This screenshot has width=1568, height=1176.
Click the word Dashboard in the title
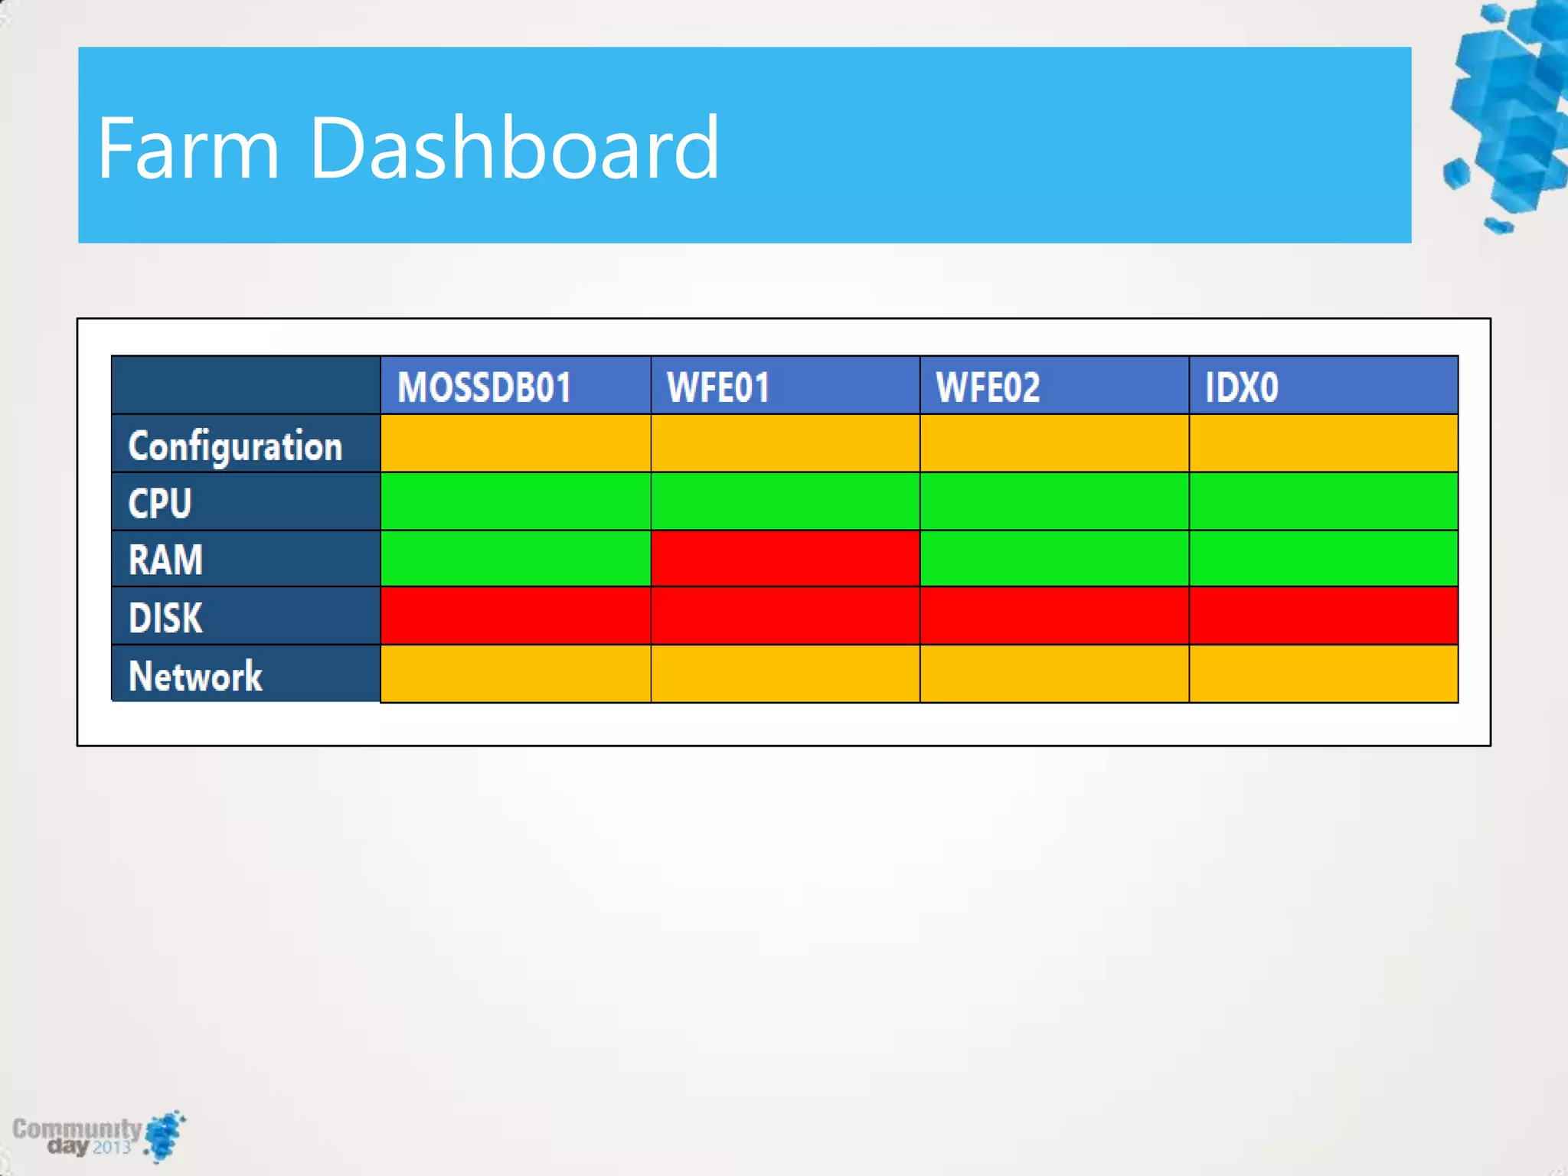click(514, 147)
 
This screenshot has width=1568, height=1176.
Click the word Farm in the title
click(188, 147)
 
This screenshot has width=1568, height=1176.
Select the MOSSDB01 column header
click(485, 387)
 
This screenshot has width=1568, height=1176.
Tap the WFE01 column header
click(717, 387)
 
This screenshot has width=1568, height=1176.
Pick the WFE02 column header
click(988, 387)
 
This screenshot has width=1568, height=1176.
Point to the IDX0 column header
click(1241, 387)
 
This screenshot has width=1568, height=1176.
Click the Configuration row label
click(235, 446)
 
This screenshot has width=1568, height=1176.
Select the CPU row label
click(160, 503)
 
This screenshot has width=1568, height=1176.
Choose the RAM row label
click(165, 560)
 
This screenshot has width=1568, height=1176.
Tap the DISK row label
click(165, 617)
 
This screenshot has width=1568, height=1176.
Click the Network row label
click(195, 675)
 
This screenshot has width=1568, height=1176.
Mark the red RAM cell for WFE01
click(785, 559)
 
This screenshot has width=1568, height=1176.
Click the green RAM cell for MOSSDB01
click(515, 559)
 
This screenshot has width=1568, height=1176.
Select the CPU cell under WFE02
click(1054, 501)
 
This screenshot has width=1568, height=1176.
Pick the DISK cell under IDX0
click(1323, 616)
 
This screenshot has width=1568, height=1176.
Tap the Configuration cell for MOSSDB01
click(515, 443)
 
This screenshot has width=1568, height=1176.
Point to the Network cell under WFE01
click(785, 674)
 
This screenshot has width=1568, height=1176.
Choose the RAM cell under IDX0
click(1323, 559)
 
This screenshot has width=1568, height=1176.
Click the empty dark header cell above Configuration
click(246, 385)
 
